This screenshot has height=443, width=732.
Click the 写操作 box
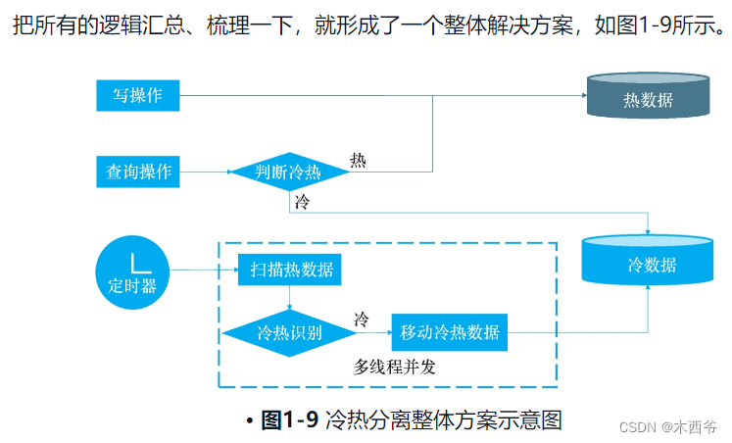tap(138, 95)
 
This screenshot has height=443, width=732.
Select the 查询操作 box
tap(138, 172)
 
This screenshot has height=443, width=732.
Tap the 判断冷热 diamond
tap(289, 172)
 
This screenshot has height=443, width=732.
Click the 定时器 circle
tap(132, 271)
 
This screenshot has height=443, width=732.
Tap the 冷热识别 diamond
tap(289, 332)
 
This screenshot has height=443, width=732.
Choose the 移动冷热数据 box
tap(450, 332)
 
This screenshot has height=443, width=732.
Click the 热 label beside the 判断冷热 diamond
tap(358, 160)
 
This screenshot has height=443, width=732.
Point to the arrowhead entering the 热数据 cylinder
tap(581, 95)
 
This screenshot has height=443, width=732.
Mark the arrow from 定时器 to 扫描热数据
tap(203, 271)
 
